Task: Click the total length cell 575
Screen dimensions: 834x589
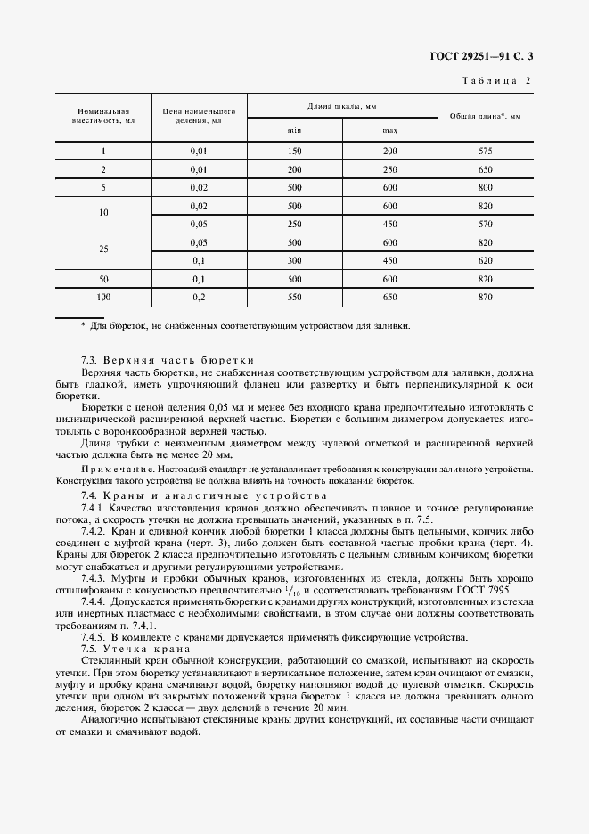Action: (x=485, y=151)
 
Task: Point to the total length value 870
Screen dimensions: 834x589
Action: (x=485, y=296)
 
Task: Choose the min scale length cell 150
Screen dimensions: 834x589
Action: (x=293, y=151)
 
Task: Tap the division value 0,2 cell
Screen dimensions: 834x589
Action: (x=199, y=296)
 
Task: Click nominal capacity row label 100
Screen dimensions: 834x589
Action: (x=104, y=296)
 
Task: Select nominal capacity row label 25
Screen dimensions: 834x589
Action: (x=104, y=250)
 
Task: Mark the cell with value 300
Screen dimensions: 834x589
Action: (x=293, y=260)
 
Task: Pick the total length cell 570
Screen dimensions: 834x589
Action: (x=485, y=224)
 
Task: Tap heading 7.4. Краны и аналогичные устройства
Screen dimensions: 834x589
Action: (x=203, y=495)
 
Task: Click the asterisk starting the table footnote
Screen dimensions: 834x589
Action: (x=83, y=326)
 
